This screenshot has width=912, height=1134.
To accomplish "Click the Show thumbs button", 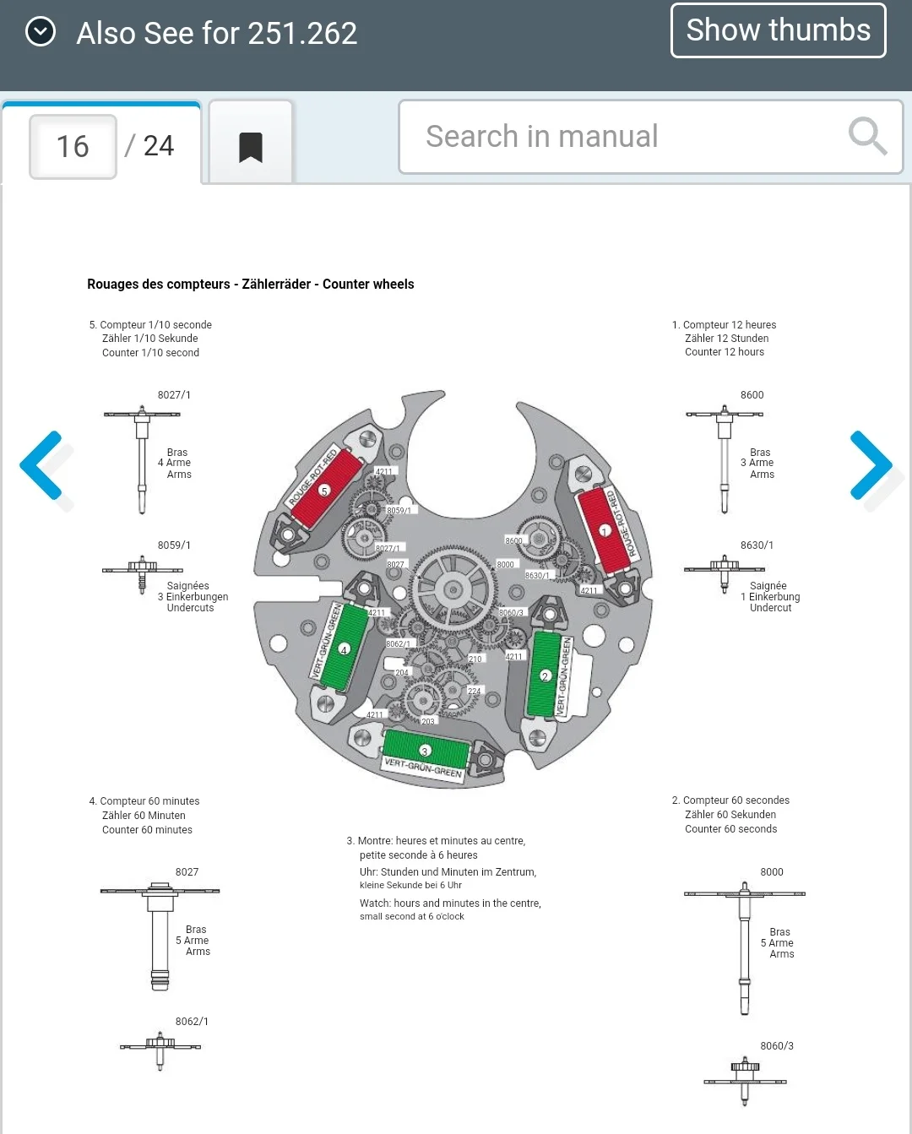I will [778, 30].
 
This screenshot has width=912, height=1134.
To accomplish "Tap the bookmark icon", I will [251, 147].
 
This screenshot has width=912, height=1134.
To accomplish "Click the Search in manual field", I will [625, 137].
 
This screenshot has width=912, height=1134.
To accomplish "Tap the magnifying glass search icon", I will [867, 136].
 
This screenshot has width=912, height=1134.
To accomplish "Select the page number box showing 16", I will [73, 147].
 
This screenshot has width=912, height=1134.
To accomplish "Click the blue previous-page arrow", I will [42, 464].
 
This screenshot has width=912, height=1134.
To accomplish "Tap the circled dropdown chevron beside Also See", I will [41, 32].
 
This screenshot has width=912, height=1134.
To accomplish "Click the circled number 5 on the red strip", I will [324, 491].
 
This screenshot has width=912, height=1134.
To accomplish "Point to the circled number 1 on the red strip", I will [605, 531].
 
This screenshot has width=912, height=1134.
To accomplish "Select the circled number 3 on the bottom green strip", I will [425, 750].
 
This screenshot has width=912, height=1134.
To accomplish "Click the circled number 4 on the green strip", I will [344, 649].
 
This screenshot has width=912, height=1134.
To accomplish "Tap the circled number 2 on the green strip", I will [545, 676].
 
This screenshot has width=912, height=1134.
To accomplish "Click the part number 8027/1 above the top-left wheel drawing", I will [174, 395].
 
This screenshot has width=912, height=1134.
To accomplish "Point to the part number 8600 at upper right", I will [752, 395].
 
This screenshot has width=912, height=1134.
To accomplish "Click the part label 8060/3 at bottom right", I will [776, 1046].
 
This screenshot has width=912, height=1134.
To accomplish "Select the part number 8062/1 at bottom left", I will [192, 1022].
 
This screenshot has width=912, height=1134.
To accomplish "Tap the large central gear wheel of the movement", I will [453, 589].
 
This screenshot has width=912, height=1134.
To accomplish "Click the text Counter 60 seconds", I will [730, 829].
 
